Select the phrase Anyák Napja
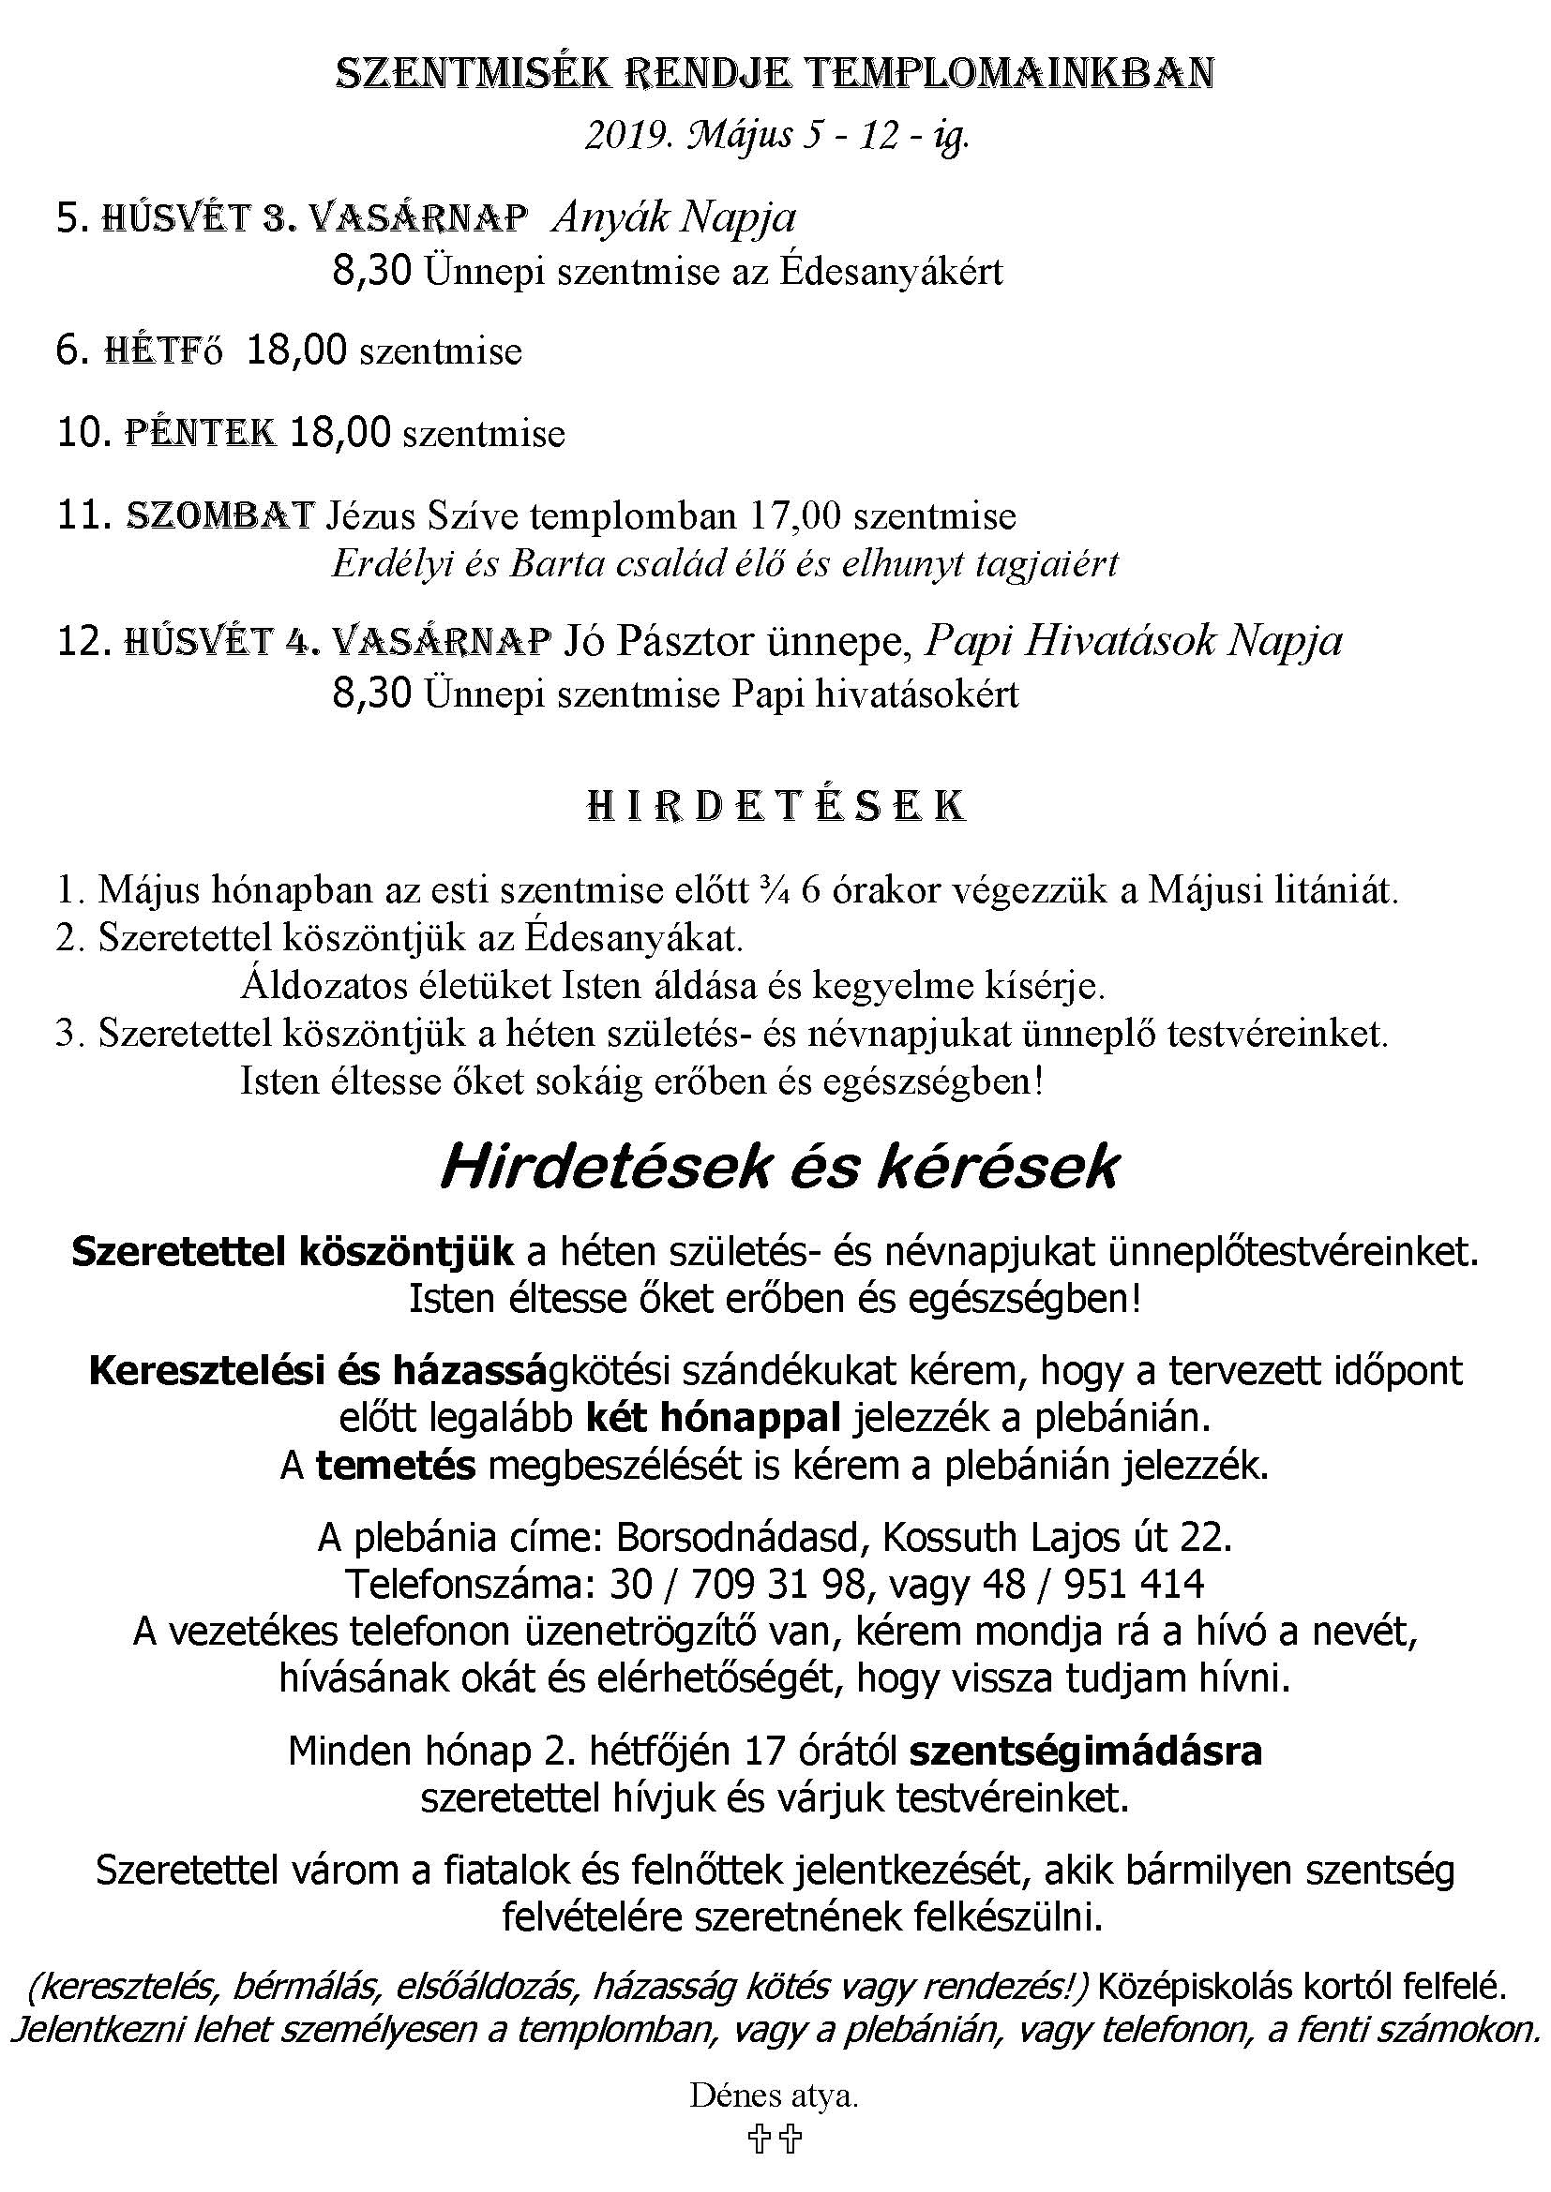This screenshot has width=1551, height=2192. click(x=674, y=218)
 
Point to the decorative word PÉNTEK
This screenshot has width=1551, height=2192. click(x=202, y=434)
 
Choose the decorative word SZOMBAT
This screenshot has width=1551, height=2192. click(x=219, y=515)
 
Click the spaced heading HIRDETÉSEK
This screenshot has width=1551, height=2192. click(x=775, y=807)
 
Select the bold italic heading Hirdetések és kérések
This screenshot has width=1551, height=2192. click(x=777, y=1167)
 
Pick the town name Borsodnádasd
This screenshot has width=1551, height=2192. click(x=743, y=1538)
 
